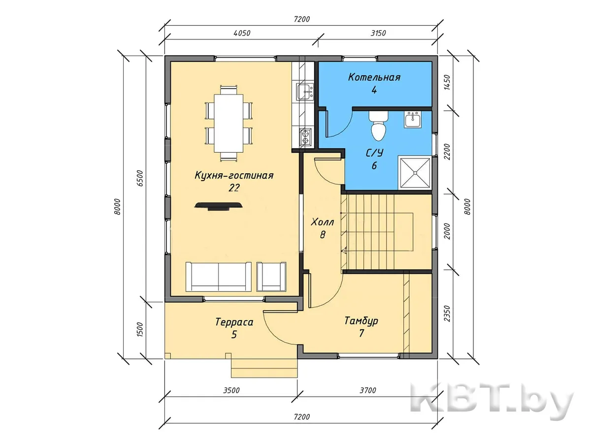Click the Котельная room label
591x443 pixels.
coord(374,77)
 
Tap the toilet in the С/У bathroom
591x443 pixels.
coord(378,126)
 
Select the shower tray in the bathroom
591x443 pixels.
coord(415,173)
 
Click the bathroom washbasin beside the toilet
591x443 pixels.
coord(413,119)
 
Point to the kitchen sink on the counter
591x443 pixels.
coord(305,92)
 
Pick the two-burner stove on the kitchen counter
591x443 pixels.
coord(305,137)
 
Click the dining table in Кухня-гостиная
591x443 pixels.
coord(229,124)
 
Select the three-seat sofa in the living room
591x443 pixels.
coord(218,277)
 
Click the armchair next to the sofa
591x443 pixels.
coord(271,277)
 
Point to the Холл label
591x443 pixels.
coord(322,222)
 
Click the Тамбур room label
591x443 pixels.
coord(361,321)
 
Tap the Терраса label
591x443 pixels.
coord(234,322)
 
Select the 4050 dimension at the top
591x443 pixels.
coord(242,33)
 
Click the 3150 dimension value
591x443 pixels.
coord(378,33)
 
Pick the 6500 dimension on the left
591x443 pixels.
coord(140,178)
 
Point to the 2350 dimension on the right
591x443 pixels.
coord(447,314)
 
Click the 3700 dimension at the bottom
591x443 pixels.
coord(368,390)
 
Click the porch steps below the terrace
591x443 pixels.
coord(264,368)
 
